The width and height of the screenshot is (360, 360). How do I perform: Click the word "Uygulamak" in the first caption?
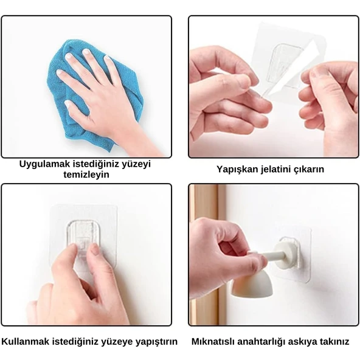[x=44, y=164]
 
